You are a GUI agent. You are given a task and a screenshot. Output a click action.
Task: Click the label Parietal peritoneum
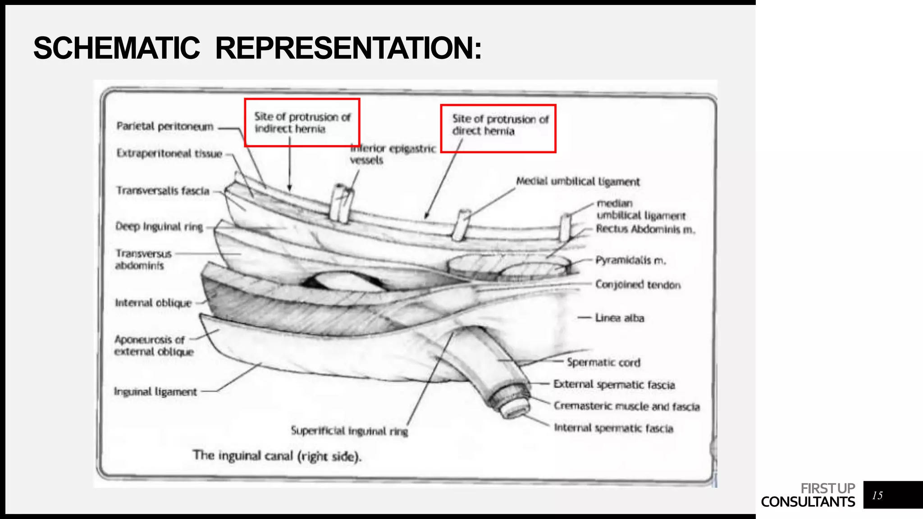tap(164, 127)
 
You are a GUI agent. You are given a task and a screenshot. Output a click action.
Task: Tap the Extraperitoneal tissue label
tap(169, 154)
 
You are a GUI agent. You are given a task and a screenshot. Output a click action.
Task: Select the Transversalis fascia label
tap(163, 191)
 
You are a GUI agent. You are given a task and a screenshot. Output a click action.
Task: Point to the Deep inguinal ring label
tap(159, 227)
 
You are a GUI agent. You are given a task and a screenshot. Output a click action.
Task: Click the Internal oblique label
tap(153, 303)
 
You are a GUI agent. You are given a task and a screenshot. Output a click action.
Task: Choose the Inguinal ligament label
tap(155, 392)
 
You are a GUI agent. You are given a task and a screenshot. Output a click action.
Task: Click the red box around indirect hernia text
tap(302, 123)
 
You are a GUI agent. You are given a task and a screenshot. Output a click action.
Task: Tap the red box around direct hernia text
tap(498, 128)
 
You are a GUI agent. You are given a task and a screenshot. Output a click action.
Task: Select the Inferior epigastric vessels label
tap(392, 154)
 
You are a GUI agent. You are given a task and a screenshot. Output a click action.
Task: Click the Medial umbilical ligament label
tap(578, 182)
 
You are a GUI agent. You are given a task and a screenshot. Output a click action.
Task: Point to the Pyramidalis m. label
tap(631, 260)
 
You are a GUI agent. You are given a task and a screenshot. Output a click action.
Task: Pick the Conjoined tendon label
tap(638, 285)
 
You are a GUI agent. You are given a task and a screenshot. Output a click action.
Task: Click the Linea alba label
tap(619, 318)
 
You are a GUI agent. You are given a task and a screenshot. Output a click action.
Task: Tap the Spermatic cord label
tap(603, 363)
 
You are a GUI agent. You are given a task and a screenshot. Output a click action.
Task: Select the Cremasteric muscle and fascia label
tap(626, 406)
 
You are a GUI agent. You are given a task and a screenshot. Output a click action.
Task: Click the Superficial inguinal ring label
tap(349, 431)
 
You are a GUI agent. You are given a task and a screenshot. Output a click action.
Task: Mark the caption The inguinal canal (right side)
tap(277, 456)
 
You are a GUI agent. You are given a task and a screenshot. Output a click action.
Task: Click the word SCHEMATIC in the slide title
tap(116, 48)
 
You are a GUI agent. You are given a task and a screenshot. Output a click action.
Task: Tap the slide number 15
tap(877, 496)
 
